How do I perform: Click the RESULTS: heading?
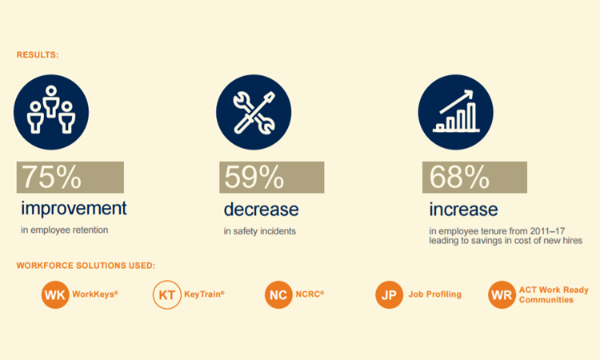38,54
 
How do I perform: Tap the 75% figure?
52,177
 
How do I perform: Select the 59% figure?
254,177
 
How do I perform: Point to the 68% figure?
459,177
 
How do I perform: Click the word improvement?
74,209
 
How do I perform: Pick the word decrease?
262,210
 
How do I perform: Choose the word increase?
463,210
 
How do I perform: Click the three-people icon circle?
51,112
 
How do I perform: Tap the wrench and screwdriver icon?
254,112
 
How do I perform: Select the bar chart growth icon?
456,112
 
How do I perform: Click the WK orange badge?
55,295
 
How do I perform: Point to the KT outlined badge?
167,295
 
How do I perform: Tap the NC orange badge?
278,295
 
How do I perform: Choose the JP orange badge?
389,295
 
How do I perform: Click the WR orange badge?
502,295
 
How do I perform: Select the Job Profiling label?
434,294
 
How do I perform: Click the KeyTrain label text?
204,294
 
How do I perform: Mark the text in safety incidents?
260,231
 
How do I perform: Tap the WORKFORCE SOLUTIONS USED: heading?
86,265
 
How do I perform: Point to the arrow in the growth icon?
457,102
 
